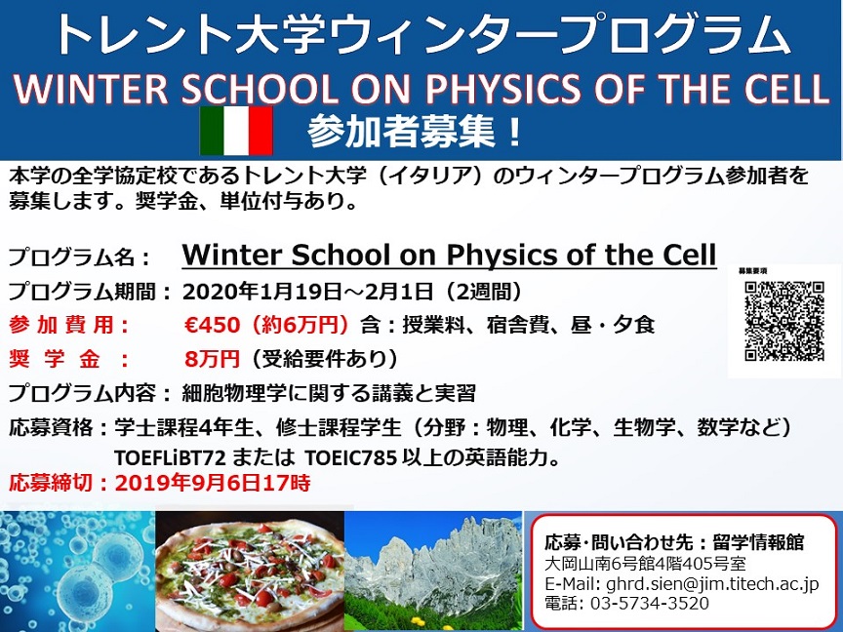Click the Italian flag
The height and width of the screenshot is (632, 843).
[x=236, y=131]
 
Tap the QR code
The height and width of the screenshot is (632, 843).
[x=784, y=321]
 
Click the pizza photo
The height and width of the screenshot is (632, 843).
[x=250, y=572]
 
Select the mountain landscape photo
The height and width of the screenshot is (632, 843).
[x=433, y=571]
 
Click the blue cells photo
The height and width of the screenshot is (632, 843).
[x=77, y=572]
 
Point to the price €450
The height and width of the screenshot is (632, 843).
[x=212, y=325]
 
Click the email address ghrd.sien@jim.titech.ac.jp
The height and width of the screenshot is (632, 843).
[x=712, y=583]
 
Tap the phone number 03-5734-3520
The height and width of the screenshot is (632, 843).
[x=650, y=603]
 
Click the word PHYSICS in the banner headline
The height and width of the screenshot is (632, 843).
[x=503, y=88]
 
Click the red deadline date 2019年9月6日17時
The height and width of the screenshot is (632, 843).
[x=213, y=483]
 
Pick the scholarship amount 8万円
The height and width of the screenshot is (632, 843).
[x=212, y=359]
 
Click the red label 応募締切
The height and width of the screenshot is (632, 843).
[x=50, y=483]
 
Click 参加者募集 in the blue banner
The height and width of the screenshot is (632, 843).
[x=401, y=131]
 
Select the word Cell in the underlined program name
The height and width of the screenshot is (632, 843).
[x=689, y=255]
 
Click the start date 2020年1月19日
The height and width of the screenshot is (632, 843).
[x=262, y=292]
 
